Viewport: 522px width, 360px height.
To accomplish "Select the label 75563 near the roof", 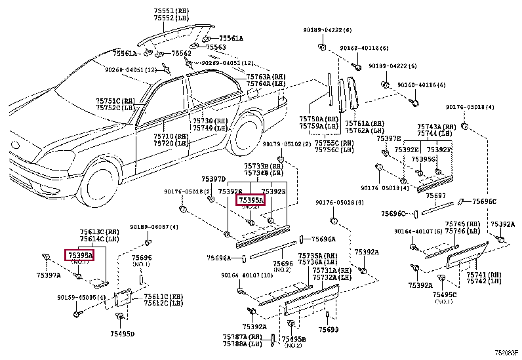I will click(x=215, y=47).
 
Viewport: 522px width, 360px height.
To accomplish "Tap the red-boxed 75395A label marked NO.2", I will click(x=251, y=200).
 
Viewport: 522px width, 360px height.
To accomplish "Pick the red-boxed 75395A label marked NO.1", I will click(x=79, y=254).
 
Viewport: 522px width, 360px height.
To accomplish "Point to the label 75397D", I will click(x=213, y=179).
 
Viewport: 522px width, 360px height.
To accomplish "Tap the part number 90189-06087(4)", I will click(x=153, y=227).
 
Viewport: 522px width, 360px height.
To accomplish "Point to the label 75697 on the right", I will click(x=435, y=195).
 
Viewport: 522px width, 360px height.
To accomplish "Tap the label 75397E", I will click(x=388, y=138).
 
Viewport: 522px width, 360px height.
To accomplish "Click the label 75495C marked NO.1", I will click(x=443, y=295).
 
